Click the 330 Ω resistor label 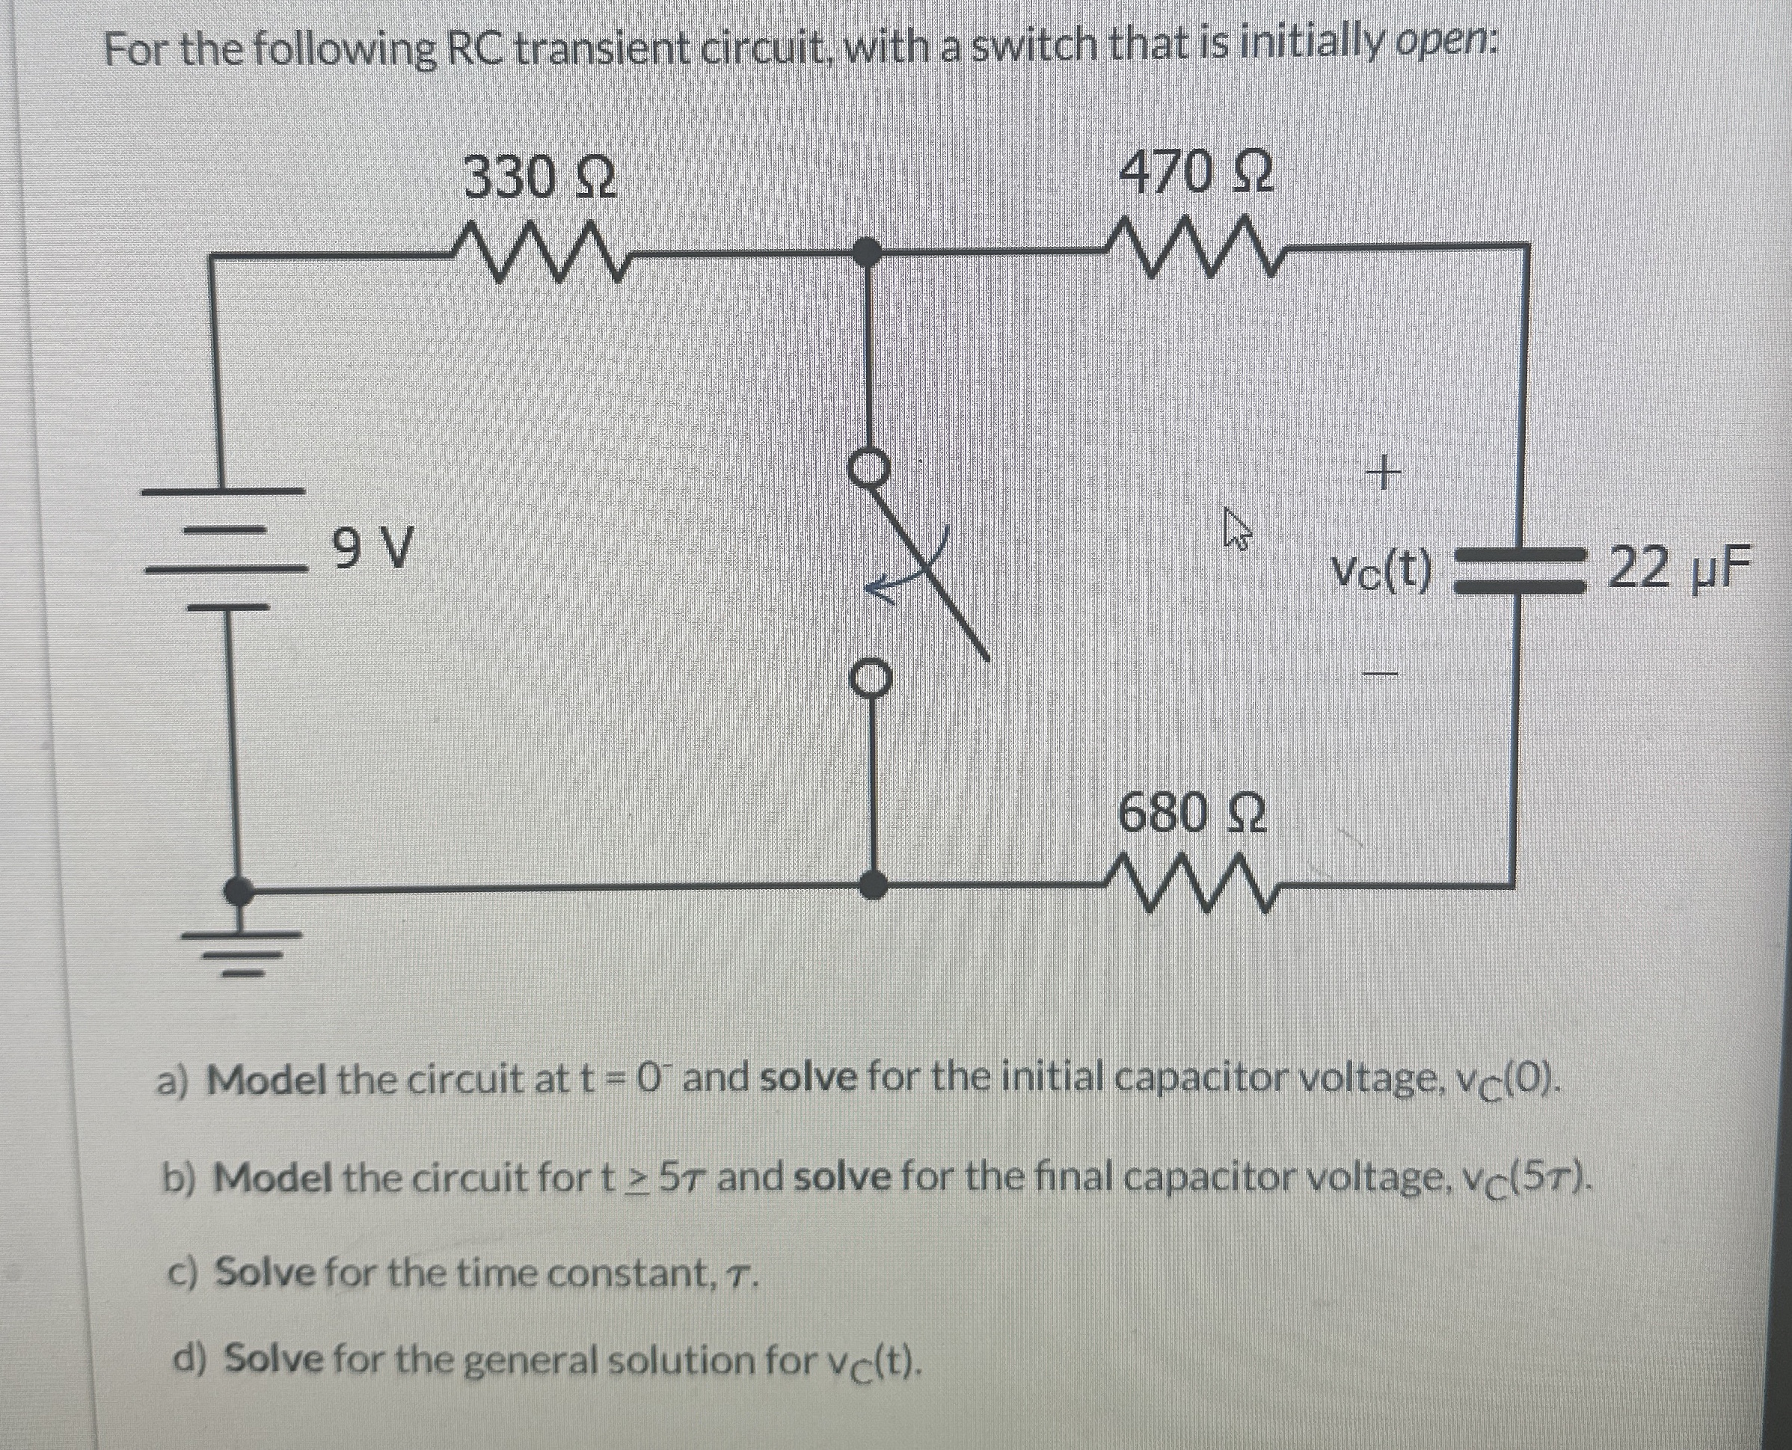pyautogui.click(x=540, y=178)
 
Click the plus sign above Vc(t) pyautogui.click(x=1383, y=476)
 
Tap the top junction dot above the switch pyautogui.click(x=870, y=250)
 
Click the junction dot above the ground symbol pyautogui.click(x=241, y=891)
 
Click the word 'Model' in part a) pyautogui.click(x=266, y=1081)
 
